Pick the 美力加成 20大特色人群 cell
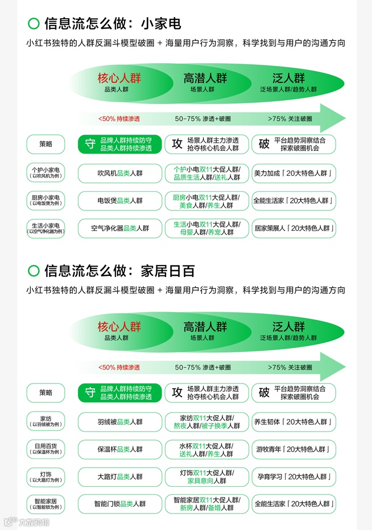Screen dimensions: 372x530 click(294, 173)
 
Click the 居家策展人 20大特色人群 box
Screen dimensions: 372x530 click(294, 228)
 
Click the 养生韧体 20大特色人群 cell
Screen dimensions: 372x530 click(294, 422)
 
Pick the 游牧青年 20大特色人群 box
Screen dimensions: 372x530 click(294, 449)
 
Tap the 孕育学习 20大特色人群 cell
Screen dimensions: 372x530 click(294, 477)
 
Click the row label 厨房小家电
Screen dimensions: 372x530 click(46, 200)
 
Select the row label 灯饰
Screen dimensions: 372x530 click(46, 477)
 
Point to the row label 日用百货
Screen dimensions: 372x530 click(46, 449)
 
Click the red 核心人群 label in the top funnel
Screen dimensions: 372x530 click(119, 78)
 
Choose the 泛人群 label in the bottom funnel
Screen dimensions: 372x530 click(288, 326)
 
